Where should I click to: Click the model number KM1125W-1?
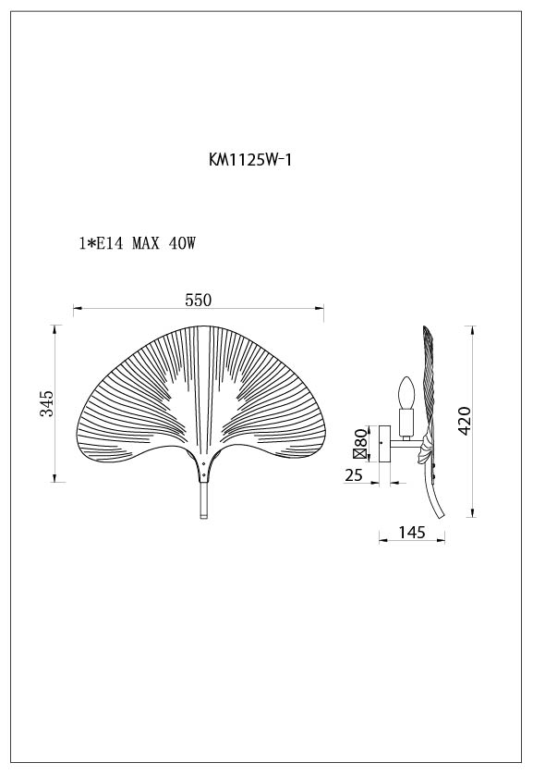coord(251,159)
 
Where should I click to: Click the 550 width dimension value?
coord(199,300)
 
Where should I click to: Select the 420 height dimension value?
coord(464,422)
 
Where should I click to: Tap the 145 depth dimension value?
coord(412,533)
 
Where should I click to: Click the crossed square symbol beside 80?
coord(359,454)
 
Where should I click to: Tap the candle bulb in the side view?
coord(403,395)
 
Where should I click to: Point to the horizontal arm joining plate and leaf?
coord(405,447)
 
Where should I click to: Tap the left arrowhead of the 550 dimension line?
coord(77,308)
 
